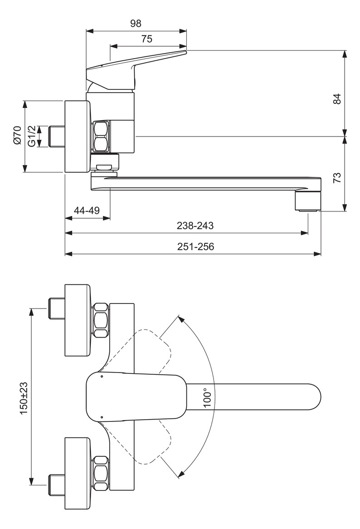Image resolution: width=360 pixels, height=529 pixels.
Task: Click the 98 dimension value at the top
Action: click(136, 23)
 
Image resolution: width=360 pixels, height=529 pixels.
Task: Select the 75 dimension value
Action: click(146, 39)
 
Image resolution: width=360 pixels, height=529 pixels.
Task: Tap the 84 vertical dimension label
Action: click(336, 99)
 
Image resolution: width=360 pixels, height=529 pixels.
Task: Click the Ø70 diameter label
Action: click(17, 136)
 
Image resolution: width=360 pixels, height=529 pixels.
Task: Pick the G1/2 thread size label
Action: click(31, 136)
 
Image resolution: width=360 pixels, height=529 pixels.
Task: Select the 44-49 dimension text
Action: click(87, 211)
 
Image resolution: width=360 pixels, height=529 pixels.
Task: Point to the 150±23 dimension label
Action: click(24, 396)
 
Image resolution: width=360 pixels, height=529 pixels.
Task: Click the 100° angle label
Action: click(208, 397)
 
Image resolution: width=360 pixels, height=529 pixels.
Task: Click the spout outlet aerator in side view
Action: click(308, 201)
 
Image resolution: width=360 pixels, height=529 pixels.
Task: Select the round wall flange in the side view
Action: click(77, 136)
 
